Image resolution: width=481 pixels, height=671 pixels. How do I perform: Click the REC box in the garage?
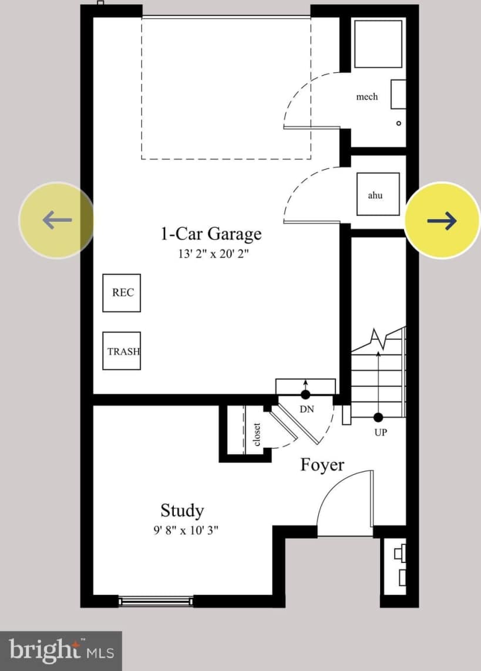pyautogui.click(x=122, y=292)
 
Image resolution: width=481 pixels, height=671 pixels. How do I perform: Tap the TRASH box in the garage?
pyautogui.click(x=122, y=351)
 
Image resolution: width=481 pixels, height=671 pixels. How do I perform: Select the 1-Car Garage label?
pyautogui.click(x=211, y=234)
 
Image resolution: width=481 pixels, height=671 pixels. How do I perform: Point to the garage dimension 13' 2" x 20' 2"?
pyautogui.click(x=210, y=254)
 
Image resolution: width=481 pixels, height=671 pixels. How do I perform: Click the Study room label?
pyautogui.click(x=182, y=510)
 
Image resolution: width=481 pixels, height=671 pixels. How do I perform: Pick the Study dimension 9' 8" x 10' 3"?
pyautogui.click(x=186, y=531)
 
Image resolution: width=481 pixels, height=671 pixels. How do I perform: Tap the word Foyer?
pyautogui.click(x=322, y=465)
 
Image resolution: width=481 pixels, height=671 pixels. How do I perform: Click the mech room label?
pyautogui.click(x=366, y=96)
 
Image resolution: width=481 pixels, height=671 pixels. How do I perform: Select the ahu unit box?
pyautogui.click(x=378, y=194)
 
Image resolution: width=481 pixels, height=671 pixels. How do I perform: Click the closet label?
pyautogui.click(x=257, y=434)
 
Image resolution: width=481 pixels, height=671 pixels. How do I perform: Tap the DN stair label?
pyautogui.click(x=307, y=409)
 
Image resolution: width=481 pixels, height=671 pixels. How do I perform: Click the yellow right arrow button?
pyautogui.click(x=442, y=220)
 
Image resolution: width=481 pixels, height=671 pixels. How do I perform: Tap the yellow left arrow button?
pyautogui.click(x=56, y=220)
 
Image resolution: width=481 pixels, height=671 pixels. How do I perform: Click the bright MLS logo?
pyautogui.click(x=61, y=651)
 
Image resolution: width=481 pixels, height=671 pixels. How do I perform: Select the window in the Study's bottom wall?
pyautogui.click(x=156, y=600)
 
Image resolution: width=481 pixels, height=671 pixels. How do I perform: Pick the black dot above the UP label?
pyautogui.click(x=378, y=417)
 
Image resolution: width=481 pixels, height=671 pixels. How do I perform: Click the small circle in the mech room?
pyautogui.click(x=399, y=123)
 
